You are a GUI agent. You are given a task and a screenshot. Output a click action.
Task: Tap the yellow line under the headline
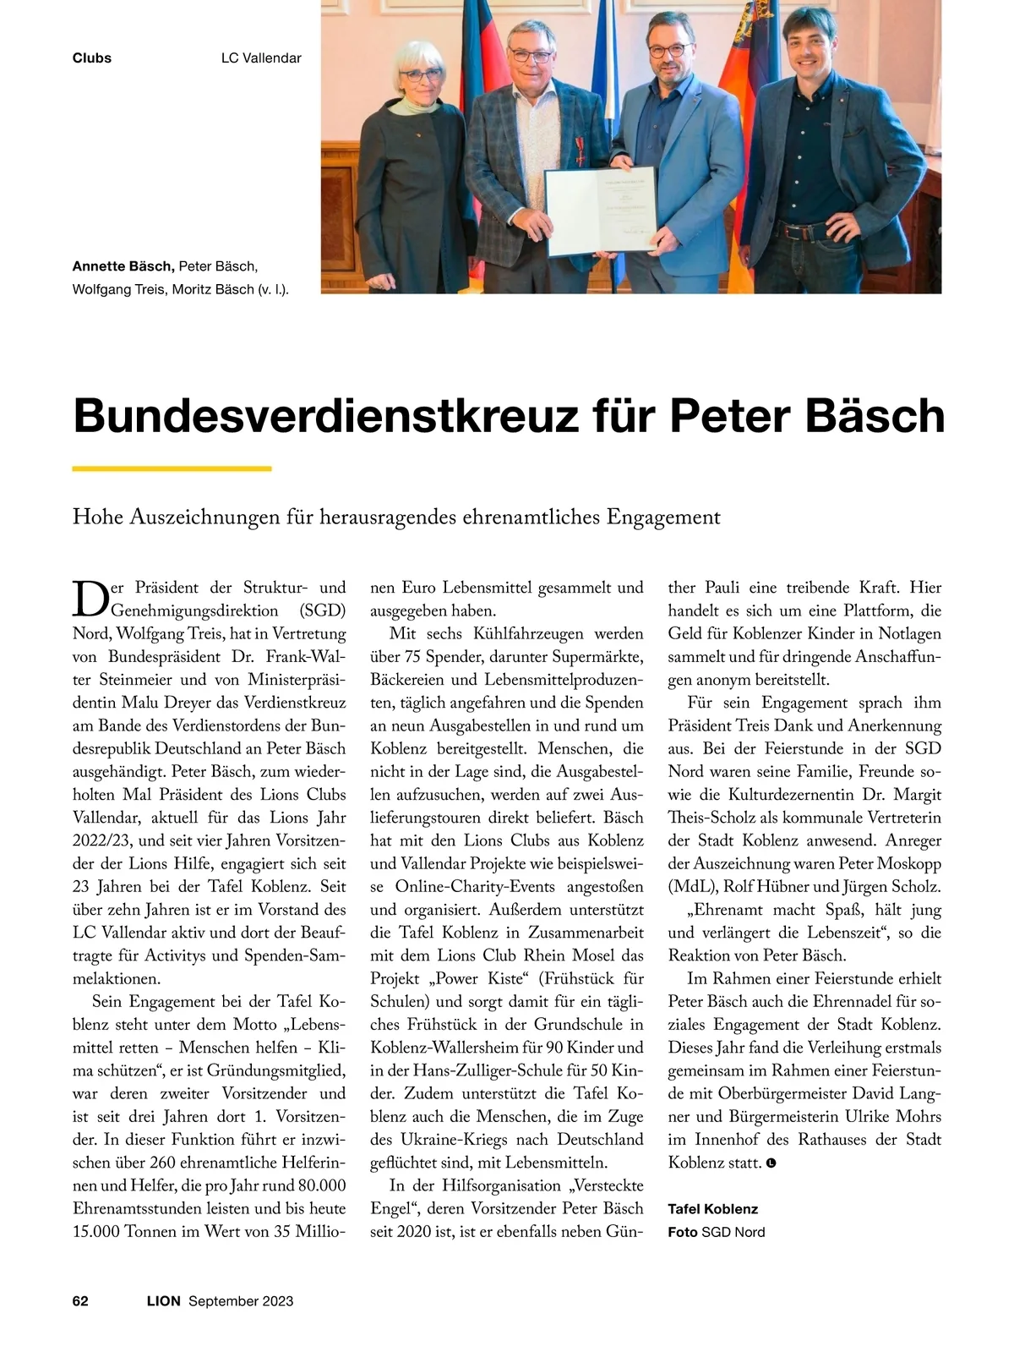pyautogui.click(x=172, y=468)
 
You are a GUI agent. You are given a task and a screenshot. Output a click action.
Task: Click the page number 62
pyautogui.click(x=80, y=1300)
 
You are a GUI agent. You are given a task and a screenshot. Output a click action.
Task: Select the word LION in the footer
pyautogui.click(x=164, y=1300)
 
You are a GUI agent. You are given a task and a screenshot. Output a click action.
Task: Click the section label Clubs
pyautogui.click(x=92, y=58)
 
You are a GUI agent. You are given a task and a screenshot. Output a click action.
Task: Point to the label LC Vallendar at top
pyautogui.click(x=261, y=58)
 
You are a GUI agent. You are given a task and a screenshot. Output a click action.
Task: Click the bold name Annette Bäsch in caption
pyautogui.click(x=123, y=266)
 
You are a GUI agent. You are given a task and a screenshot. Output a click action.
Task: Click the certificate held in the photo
pyautogui.click(x=599, y=211)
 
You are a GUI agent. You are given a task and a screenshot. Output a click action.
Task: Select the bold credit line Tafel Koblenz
pyautogui.click(x=712, y=1208)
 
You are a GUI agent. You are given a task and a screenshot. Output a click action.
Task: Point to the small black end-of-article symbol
pyautogui.click(x=771, y=1163)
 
